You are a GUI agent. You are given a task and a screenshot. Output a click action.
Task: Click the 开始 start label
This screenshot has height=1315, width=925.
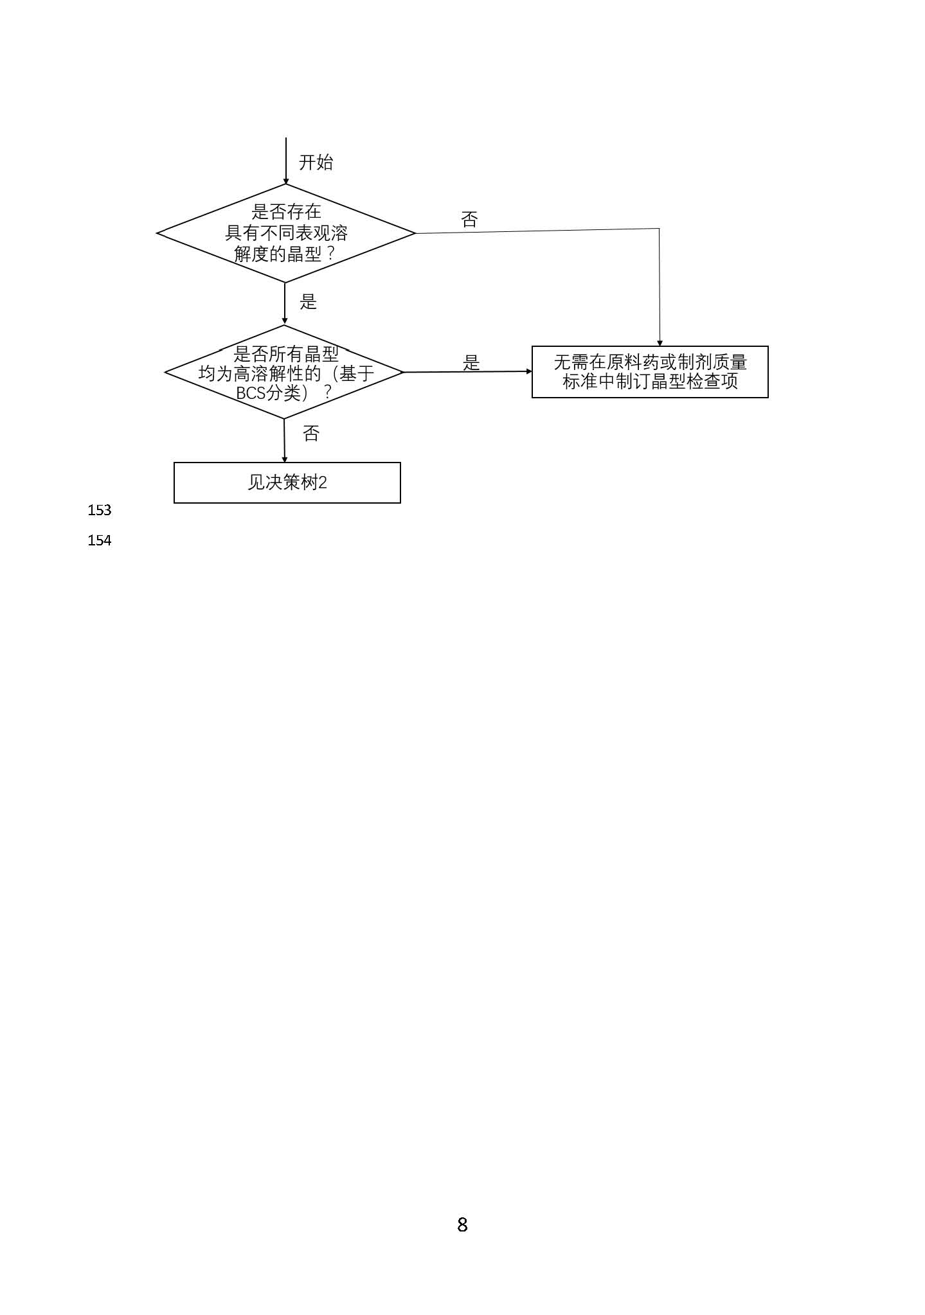(x=316, y=162)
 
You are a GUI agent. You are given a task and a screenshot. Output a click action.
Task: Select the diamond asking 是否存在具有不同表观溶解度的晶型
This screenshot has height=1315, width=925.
(x=287, y=233)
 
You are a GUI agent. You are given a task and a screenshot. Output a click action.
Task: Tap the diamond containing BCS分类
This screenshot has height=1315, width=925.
(x=284, y=372)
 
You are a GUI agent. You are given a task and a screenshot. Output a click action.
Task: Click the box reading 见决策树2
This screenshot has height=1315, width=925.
(x=287, y=482)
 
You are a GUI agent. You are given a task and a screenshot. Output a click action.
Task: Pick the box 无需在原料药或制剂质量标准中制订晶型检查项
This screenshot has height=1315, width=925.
(x=650, y=372)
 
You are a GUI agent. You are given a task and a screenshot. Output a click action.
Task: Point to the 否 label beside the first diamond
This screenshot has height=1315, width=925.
(x=469, y=220)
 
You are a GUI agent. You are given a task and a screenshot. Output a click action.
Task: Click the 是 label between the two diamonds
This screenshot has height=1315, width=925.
(x=309, y=302)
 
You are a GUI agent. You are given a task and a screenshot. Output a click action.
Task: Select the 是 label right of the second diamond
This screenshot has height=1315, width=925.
(x=471, y=363)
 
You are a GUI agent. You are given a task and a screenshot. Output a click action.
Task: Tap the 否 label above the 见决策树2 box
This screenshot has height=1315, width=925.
(x=311, y=434)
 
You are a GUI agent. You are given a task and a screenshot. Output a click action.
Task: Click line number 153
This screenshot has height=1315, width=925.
(x=100, y=510)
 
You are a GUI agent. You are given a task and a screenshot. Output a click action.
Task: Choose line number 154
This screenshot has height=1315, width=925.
(x=100, y=541)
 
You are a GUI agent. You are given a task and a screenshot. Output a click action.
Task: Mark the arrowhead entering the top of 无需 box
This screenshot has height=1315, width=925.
(x=660, y=343)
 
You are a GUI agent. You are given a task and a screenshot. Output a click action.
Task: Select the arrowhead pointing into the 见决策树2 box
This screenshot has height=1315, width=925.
(x=285, y=459)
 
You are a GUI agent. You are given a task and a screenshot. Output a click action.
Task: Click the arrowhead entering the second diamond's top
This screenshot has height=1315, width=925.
(x=285, y=321)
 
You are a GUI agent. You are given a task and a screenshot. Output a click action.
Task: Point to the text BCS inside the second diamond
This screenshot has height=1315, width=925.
(x=251, y=393)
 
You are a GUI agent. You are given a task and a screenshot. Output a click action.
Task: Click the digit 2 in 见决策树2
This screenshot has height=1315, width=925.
(x=323, y=482)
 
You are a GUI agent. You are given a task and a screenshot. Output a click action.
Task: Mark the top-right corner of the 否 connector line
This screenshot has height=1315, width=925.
(x=659, y=229)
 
